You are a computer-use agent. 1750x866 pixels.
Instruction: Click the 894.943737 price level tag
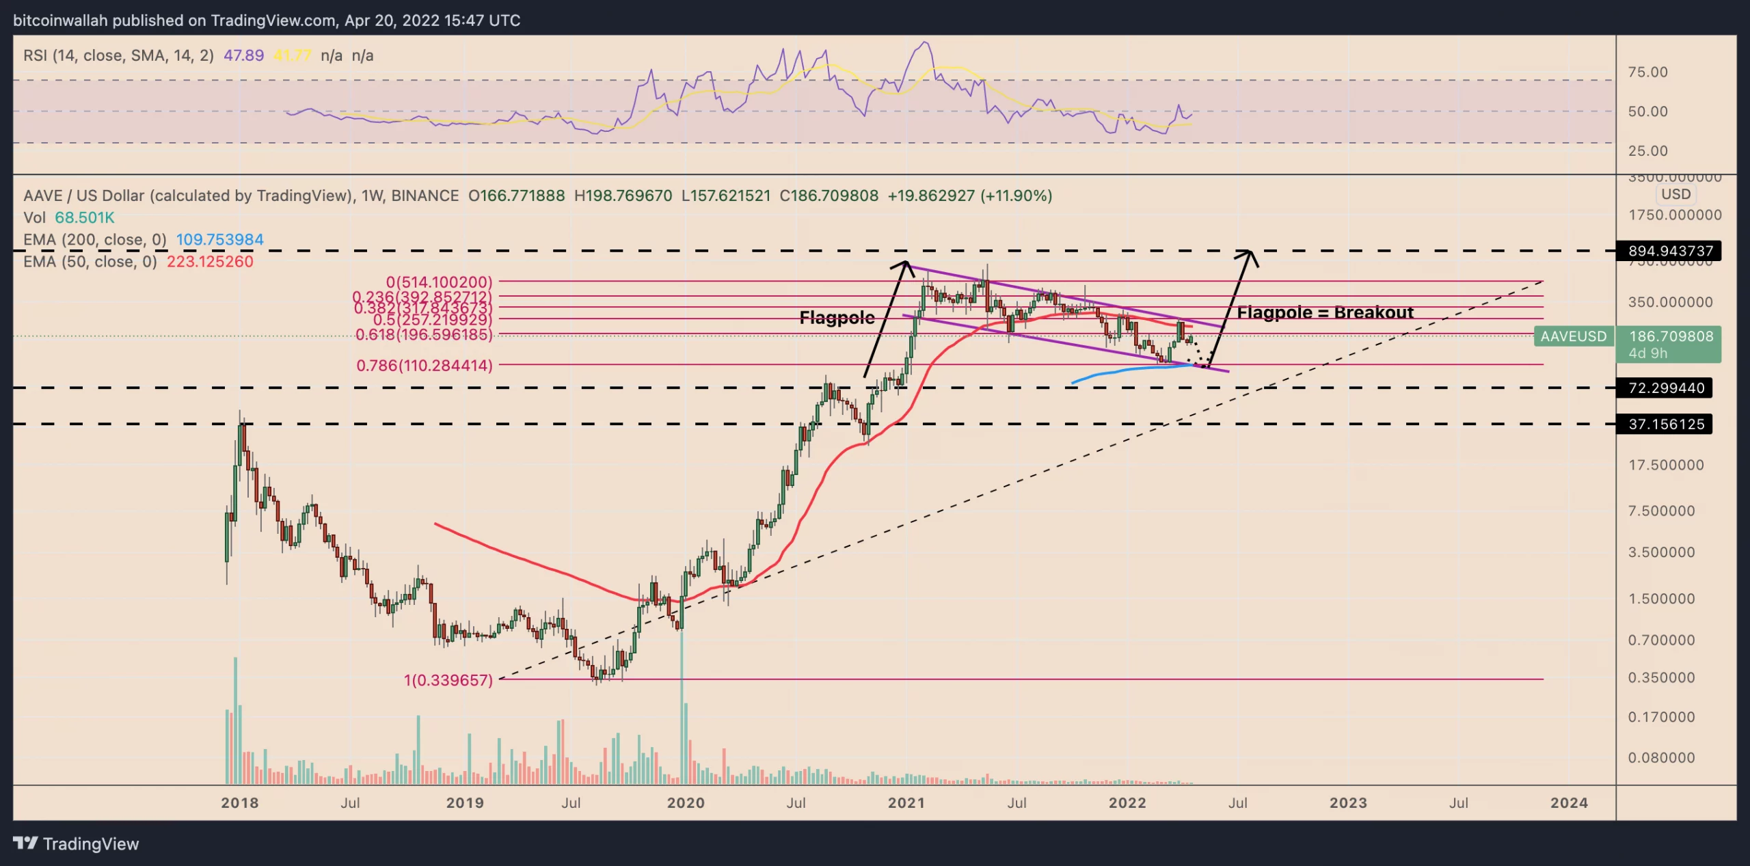(1670, 251)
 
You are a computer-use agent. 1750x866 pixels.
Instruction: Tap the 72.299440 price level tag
(1666, 388)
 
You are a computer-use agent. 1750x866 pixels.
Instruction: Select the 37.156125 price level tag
(1666, 424)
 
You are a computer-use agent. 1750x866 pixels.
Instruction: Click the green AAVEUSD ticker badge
(1573, 336)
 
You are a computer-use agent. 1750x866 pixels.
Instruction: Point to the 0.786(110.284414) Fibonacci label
(425, 366)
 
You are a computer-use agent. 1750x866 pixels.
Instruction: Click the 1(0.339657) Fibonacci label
(448, 680)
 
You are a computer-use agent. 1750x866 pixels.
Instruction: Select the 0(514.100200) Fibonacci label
(439, 282)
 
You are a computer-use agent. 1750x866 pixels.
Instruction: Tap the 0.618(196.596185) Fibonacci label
(424, 334)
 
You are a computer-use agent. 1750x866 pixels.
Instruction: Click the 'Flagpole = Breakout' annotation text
(1325, 312)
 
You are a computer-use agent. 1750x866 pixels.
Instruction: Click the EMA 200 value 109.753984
(219, 240)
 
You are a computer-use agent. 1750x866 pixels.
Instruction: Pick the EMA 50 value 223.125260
(210, 262)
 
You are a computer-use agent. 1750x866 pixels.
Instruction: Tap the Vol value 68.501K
(85, 218)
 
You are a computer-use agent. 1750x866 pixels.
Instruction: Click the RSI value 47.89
(243, 55)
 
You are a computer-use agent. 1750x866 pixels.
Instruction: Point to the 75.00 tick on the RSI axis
(1647, 72)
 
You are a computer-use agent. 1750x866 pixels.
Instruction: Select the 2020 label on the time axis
(686, 803)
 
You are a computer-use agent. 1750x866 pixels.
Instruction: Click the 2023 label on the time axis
(1348, 803)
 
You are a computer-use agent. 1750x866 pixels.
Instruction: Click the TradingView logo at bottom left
(76, 844)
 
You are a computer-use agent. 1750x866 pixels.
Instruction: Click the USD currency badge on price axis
(1675, 194)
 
